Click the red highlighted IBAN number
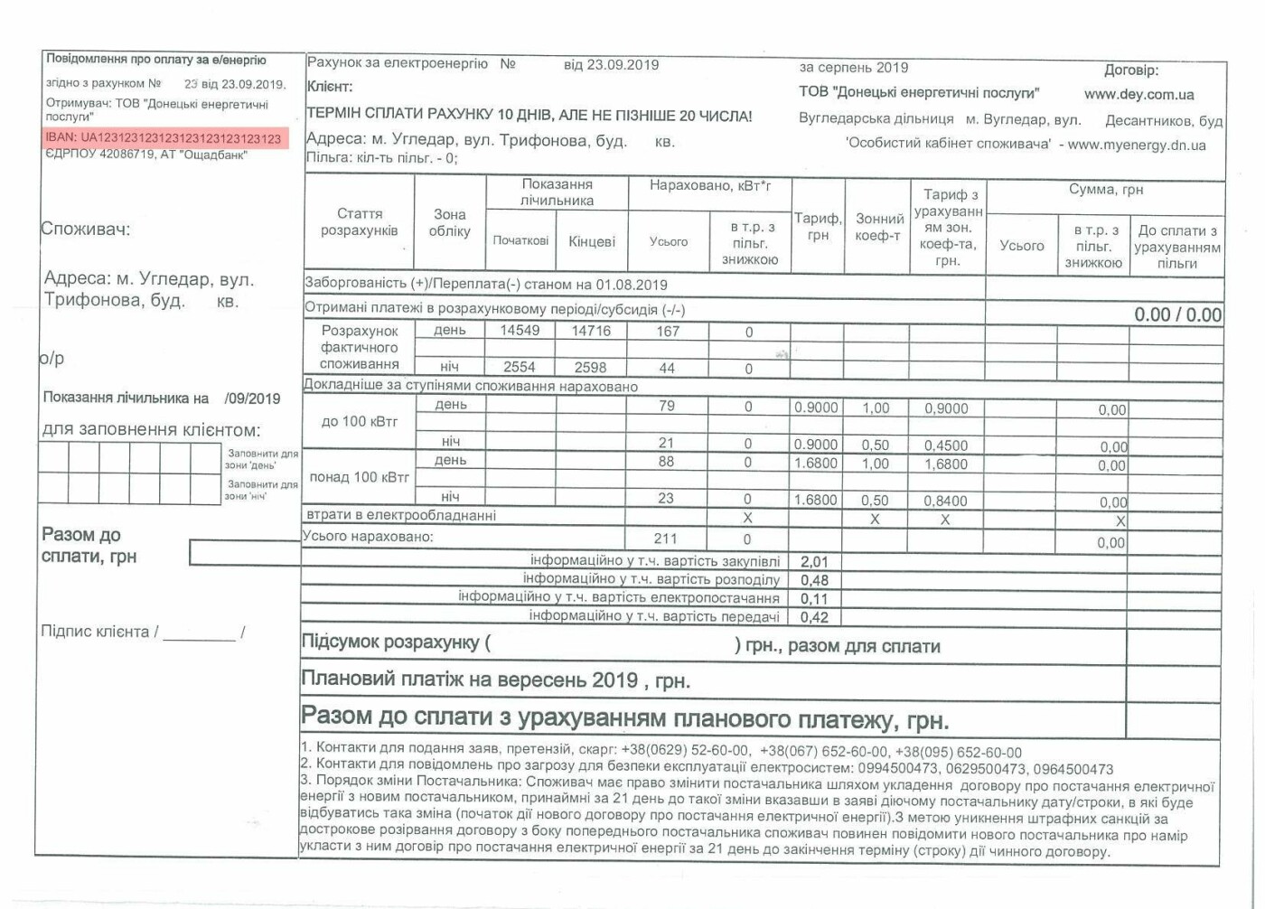coord(164,138)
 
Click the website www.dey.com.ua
coord(1138,94)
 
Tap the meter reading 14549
coord(520,331)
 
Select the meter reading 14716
coord(591,331)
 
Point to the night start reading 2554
coord(520,367)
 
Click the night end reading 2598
coord(591,367)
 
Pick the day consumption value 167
coord(668,332)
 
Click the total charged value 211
coord(666,539)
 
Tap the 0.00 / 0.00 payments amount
coord(1177,314)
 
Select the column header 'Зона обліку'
coord(449,222)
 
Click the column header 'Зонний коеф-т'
coord(878,227)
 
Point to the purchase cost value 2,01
coord(814,562)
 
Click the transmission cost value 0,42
coord(814,617)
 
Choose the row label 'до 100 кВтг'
coord(360,422)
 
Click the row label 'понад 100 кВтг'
coord(359,477)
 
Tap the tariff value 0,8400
coord(945,501)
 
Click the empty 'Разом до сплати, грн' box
coord(245,552)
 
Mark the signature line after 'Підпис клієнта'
coord(199,633)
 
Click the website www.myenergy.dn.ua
coord(1137,145)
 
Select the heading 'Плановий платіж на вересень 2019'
coord(495,680)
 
